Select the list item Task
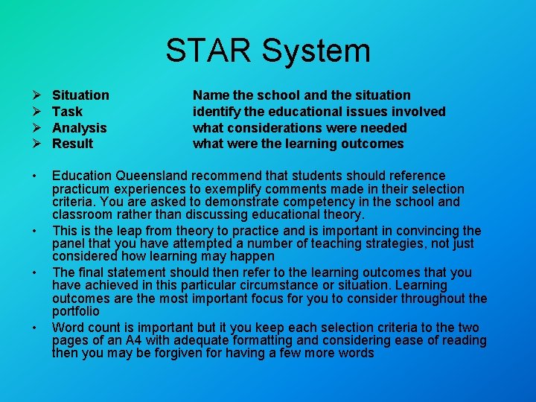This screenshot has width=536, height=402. pyautogui.click(x=67, y=112)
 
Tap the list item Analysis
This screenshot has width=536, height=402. pyautogui.click(x=79, y=128)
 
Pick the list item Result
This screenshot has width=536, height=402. pyautogui.click(x=72, y=144)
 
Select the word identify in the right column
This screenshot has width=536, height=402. pyautogui.click(x=216, y=112)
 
